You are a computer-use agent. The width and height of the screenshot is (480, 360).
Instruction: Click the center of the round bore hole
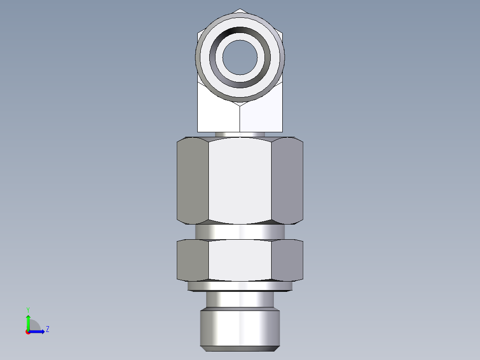[x=240, y=57]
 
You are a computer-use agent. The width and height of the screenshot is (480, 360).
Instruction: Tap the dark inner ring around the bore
[x=240, y=33]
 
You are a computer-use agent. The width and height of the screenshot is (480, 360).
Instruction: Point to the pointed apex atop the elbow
[x=240, y=10]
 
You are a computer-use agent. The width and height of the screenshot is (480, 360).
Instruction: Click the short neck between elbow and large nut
[x=240, y=134]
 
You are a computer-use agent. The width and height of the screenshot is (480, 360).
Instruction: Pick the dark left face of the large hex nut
[x=192, y=180]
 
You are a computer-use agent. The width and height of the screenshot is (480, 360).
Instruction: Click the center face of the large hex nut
[x=240, y=180]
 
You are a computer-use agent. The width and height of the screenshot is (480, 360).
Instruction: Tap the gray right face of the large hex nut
[x=287, y=180]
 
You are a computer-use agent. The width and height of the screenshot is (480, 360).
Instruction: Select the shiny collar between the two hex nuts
[x=240, y=232]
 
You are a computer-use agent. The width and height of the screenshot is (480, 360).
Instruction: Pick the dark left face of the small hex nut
[x=192, y=260]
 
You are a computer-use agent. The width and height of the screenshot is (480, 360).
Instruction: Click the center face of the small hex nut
[x=240, y=260]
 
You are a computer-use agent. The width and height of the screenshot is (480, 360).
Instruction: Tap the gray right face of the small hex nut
[x=287, y=260]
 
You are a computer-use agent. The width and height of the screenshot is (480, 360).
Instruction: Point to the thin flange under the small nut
[x=240, y=286]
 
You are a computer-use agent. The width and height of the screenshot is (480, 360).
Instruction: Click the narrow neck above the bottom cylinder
[x=240, y=299]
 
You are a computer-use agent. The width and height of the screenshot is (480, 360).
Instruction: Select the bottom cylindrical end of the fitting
[x=240, y=328]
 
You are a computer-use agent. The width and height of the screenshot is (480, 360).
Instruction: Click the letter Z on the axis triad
[x=47, y=329]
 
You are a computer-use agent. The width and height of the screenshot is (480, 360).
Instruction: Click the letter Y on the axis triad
[x=28, y=309]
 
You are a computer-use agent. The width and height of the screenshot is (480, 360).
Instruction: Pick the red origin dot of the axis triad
[x=28, y=332]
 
